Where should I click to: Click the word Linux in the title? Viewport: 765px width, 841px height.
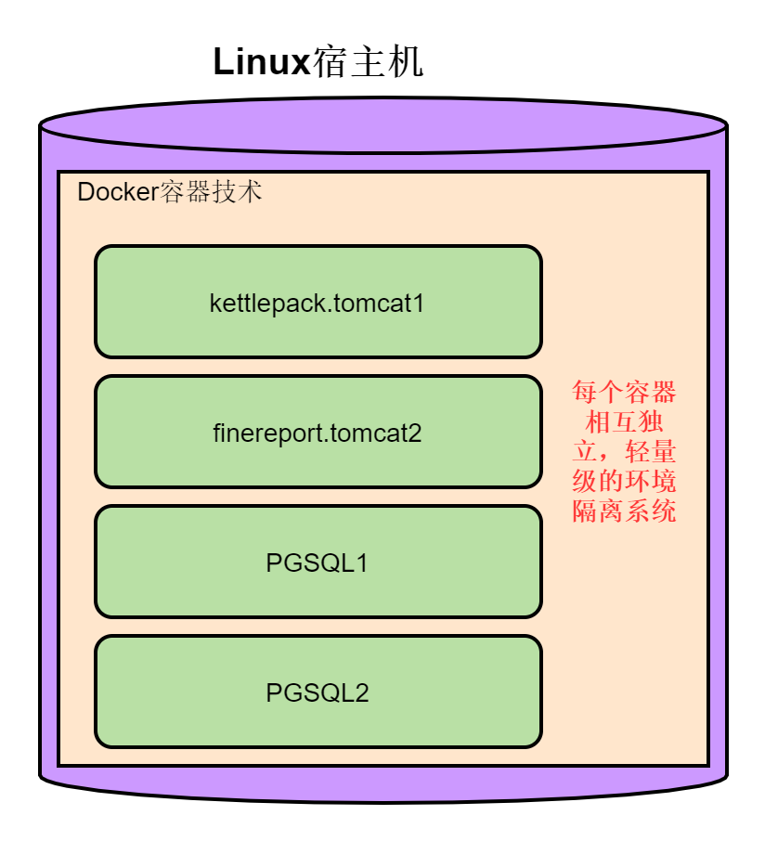point(261,63)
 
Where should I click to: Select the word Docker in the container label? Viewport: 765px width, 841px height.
point(118,193)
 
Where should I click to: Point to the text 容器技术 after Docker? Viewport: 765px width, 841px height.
point(212,193)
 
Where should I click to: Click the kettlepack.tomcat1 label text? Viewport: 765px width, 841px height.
point(318,304)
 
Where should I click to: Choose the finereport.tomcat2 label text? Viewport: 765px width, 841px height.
point(318,433)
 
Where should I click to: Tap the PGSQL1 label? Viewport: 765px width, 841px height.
point(318,563)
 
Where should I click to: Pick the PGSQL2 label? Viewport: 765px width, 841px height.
point(318,693)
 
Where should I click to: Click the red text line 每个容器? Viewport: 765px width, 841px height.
point(624,391)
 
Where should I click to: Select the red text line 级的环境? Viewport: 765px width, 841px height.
point(624,482)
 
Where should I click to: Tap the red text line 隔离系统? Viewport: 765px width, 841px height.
point(624,511)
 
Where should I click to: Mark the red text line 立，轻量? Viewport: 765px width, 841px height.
point(624,452)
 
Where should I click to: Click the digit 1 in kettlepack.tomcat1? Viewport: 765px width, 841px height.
point(419,304)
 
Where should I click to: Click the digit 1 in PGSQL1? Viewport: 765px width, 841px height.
point(362,563)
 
